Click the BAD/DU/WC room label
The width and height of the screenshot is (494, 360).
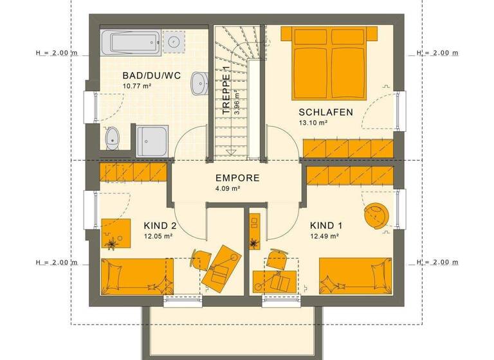(x=151, y=76)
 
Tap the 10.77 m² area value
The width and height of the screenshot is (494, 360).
(x=136, y=86)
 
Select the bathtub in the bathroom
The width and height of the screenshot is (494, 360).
(x=131, y=43)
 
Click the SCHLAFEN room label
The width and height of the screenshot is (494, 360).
(x=325, y=112)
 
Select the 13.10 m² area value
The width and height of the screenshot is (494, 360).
(x=313, y=123)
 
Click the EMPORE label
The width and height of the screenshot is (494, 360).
(x=237, y=178)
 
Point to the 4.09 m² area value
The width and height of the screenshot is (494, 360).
(x=228, y=189)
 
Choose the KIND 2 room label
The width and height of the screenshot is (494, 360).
(x=160, y=226)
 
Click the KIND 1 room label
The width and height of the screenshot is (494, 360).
(x=326, y=226)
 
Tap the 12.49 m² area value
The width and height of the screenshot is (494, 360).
(x=324, y=236)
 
